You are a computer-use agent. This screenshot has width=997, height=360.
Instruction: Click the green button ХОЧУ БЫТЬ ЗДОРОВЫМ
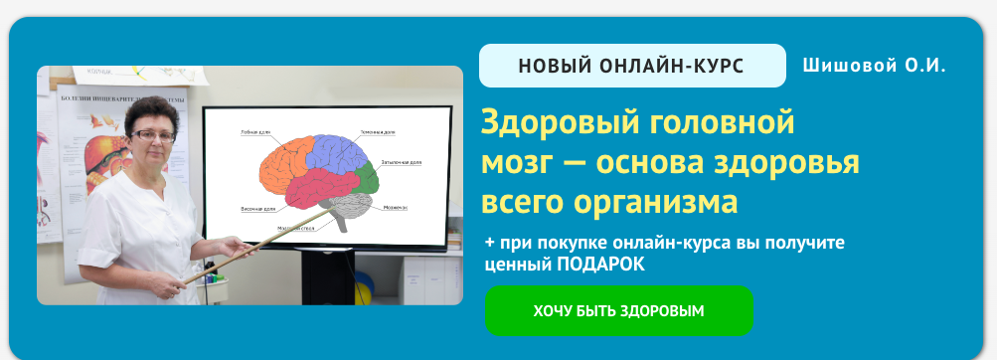click(618, 310)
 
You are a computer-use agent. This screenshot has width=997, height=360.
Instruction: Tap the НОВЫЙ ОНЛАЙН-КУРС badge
click(632, 67)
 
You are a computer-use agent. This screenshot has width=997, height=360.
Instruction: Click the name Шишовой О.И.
click(874, 66)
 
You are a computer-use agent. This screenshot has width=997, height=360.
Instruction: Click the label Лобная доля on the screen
click(255, 131)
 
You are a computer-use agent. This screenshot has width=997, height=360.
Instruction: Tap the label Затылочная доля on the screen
click(403, 160)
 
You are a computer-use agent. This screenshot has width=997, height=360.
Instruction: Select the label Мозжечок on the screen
click(395, 207)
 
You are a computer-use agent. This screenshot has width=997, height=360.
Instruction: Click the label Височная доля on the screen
click(258, 210)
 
